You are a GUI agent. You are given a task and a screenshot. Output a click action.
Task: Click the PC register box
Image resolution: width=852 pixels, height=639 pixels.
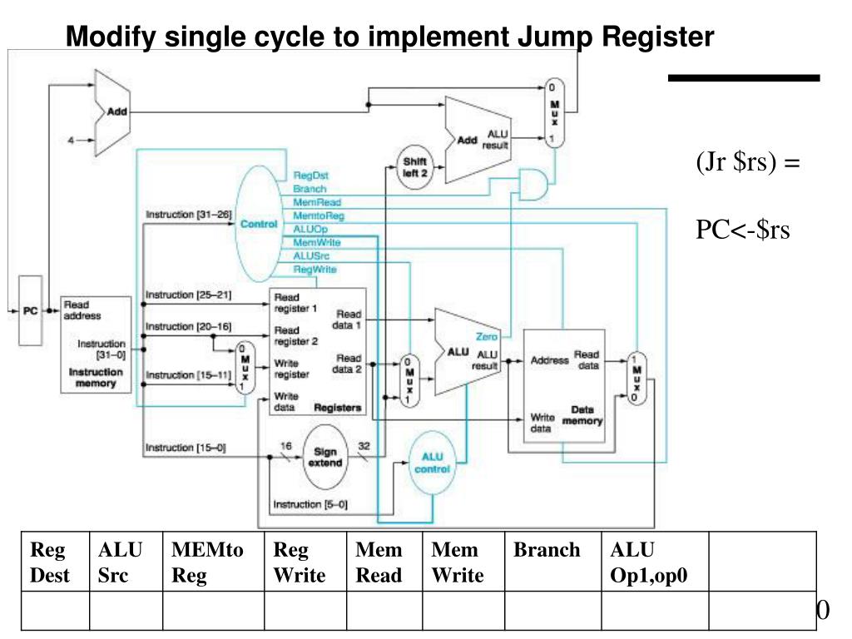point(31,310)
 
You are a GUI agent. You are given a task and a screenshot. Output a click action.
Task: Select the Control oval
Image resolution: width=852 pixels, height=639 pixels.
point(259,222)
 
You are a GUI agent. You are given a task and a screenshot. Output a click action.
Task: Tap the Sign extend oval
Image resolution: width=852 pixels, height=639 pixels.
point(326,457)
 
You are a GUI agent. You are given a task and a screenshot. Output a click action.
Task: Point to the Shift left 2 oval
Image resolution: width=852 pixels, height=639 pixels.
point(414,166)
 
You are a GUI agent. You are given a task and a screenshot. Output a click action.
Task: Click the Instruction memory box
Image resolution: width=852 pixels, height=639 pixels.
point(97,344)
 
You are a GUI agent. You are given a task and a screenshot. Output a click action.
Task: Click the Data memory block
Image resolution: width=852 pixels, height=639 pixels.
point(563,385)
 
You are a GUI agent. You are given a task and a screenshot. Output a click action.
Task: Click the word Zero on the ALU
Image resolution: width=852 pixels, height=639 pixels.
point(486,337)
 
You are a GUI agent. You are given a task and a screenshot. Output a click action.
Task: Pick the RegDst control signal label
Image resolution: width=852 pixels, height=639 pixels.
point(310,176)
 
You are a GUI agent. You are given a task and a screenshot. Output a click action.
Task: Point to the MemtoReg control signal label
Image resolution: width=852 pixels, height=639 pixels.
point(319,215)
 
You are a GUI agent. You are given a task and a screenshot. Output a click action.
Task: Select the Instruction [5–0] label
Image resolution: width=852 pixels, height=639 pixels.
point(310,504)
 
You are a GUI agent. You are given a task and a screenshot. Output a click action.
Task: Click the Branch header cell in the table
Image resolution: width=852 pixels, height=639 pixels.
point(547,550)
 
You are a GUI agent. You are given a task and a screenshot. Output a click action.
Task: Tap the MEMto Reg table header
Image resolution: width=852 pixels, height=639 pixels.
point(207,562)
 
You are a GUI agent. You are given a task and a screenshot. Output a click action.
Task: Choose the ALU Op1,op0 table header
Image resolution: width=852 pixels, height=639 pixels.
point(649,562)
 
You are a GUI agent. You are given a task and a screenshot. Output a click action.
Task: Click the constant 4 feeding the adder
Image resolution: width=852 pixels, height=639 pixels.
point(71,140)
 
